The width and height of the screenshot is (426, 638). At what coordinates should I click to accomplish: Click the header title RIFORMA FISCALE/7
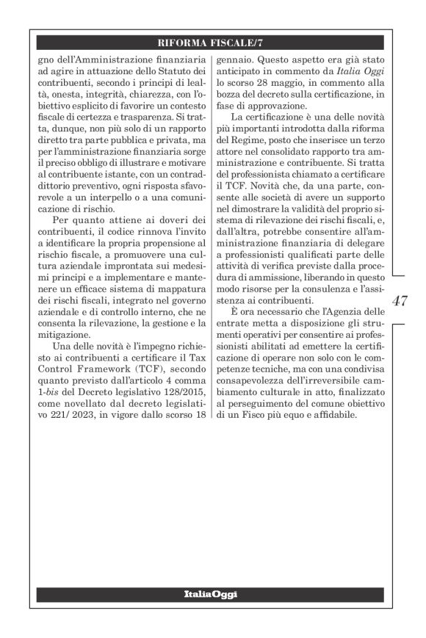click(210, 43)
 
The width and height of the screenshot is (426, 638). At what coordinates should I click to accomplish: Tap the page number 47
click(401, 302)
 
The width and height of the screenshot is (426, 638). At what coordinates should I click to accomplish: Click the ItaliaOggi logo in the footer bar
click(210, 592)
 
